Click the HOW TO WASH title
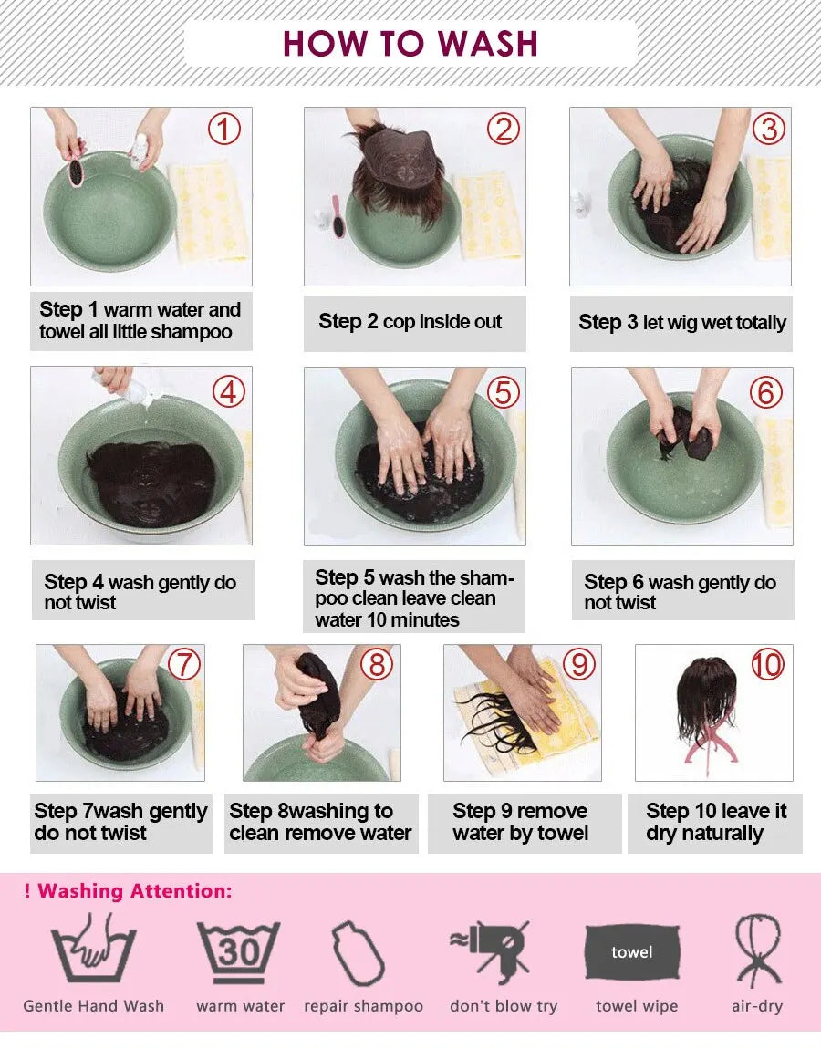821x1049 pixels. [410, 43]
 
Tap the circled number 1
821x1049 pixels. [224, 130]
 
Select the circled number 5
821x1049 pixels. [503, 391]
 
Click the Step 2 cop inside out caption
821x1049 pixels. [410, 321]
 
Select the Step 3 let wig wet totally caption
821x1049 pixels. [681, 322]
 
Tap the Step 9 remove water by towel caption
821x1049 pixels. [521, 822]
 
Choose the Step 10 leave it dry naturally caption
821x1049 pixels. [716, 822]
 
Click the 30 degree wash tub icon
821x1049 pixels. [239, 952]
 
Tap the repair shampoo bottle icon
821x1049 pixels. [358, 952]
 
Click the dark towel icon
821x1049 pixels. [632, 952]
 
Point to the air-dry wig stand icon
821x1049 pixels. [757, 950]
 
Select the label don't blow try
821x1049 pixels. [503, 1006]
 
